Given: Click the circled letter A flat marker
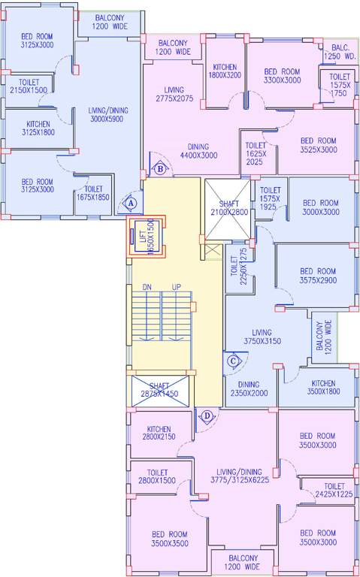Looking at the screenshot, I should (131, 202).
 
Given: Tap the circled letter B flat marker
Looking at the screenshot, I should (160, 169).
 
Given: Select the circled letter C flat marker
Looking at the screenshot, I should (233, 361).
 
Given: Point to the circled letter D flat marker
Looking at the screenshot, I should (207, 415).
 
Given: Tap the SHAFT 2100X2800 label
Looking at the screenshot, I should (228, 208).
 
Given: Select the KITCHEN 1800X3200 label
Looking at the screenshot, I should (225, 71).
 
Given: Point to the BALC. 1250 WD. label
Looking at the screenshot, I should (338, 52).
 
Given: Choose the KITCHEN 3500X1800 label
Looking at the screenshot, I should (323, 387).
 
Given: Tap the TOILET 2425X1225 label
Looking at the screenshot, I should (333, 491).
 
